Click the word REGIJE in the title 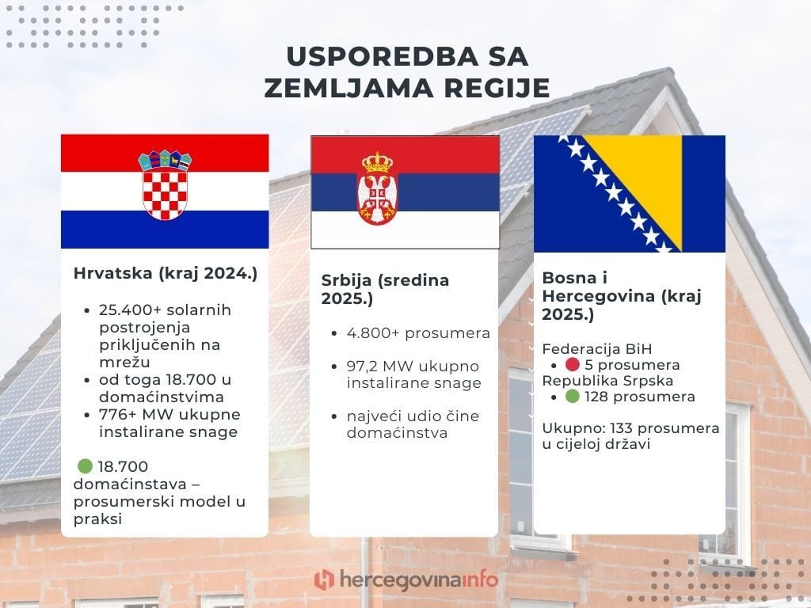(x=495, y=88)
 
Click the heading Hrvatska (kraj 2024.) (x=166, y=274)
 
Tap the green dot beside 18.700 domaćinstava (x=84, y=466)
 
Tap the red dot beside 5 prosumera (x=573, y=365)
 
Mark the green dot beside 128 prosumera (x=573, y=397)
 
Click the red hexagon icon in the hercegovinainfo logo (x=323, y=579)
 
